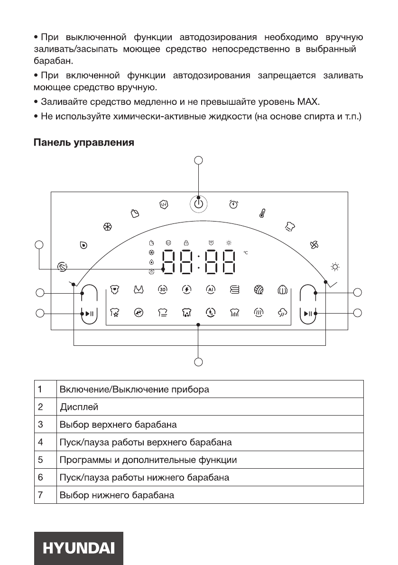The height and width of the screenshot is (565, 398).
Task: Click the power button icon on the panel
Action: click(199, 204)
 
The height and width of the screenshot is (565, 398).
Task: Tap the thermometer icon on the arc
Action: click(261, 213)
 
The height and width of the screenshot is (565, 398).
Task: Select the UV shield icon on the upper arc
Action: click(164, 204)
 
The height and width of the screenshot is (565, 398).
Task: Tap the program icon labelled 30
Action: click(161, 289)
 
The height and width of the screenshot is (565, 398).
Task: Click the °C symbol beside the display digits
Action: click(246, 252)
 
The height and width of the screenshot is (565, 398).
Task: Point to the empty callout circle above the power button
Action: click(199, 160)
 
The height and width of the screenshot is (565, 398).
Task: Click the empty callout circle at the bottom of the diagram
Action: click(199, 362)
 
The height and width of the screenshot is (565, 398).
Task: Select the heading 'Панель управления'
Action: click(83, 142)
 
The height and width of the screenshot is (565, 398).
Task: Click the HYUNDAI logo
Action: click(79, 548)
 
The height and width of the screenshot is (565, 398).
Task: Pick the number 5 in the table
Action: click(41, 460)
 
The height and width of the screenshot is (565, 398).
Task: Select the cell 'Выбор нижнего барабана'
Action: click(117, 495)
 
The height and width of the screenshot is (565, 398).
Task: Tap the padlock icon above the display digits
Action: click(186, 242)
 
